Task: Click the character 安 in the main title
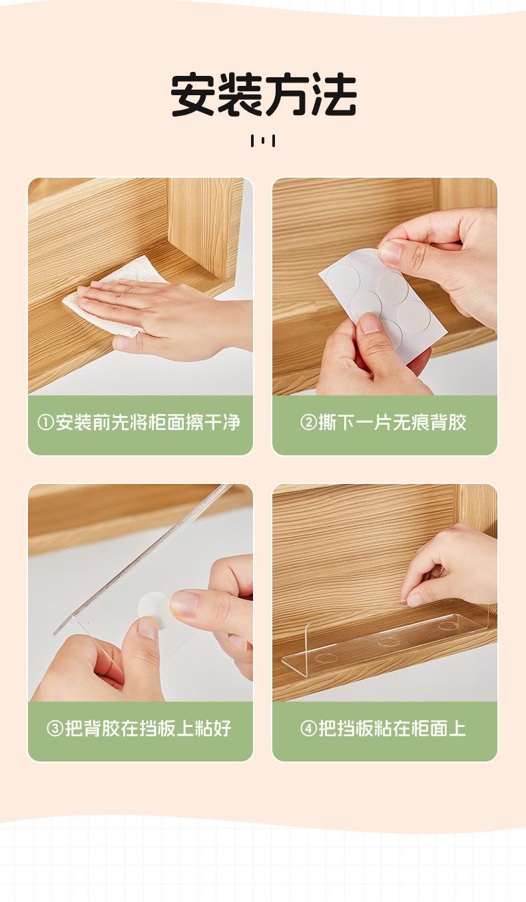(193, 95)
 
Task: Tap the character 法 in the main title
(334, 95)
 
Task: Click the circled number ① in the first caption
(45, 423)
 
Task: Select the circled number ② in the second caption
(308, 423)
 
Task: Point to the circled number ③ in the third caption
(55, 728)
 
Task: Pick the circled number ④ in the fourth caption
(308, 728)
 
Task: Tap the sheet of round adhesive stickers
(383, 306)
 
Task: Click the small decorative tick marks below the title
(263, 141)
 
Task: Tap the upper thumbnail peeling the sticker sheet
(385, 286)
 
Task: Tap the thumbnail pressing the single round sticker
(140, 592)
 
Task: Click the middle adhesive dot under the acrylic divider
(388, 642)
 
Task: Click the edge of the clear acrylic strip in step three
(143, 560)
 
